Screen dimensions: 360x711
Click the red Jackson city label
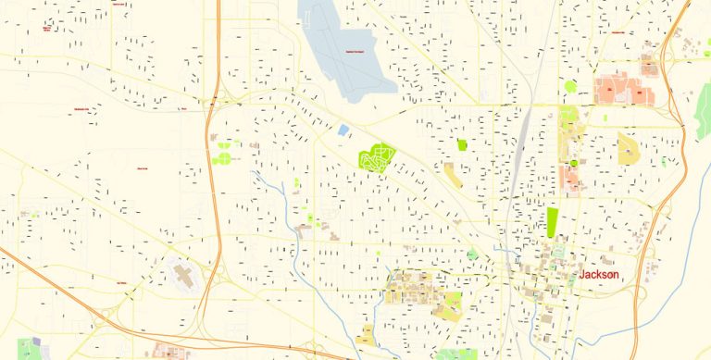[598, 276]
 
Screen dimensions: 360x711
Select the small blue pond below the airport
[343, 130]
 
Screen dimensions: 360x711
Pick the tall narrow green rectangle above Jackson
[553, 222]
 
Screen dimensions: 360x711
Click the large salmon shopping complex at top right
[618, 89]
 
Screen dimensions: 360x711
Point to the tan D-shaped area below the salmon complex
[629, 148]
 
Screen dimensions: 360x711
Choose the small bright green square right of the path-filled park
[462, 144]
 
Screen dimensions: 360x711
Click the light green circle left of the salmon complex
[570, 87]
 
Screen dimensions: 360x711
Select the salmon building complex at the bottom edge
[172, 352]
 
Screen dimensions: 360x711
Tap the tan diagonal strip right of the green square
[453, 175]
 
